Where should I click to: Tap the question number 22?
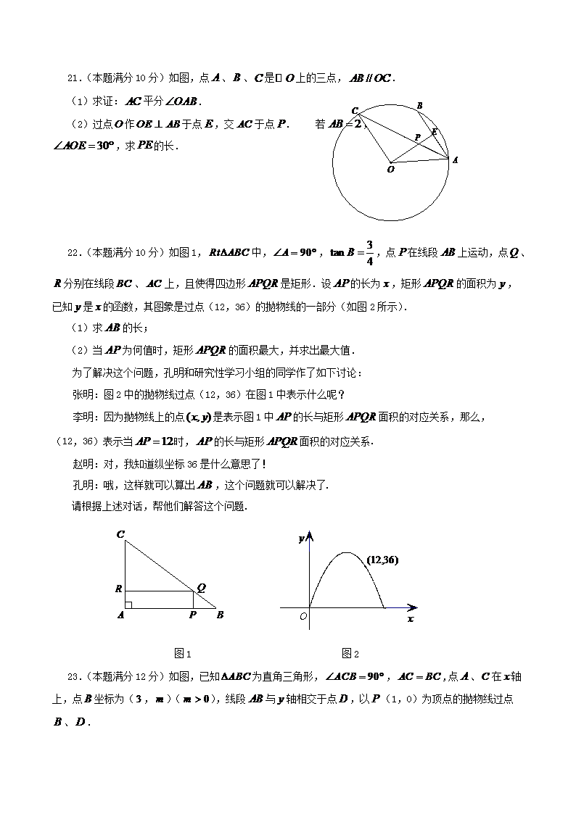tap(72, 253)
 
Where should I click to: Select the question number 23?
tap(72, 677)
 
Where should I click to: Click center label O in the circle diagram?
tap(391, 170)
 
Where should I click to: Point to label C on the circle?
tap(355, 110)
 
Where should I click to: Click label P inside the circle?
tap(417, 136)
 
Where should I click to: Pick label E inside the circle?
tap(434, 132)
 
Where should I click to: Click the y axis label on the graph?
tap(301, 539)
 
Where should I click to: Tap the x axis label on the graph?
tap(411, 619)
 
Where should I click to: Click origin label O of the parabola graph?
tap(303, 616)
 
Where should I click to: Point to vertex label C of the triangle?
tap(120, 535)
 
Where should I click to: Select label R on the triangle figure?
tap(118, 589)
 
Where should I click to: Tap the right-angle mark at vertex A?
tap(128, 605)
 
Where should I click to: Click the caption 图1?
tap(183, 654)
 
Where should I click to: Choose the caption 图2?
tap(351, 654)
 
